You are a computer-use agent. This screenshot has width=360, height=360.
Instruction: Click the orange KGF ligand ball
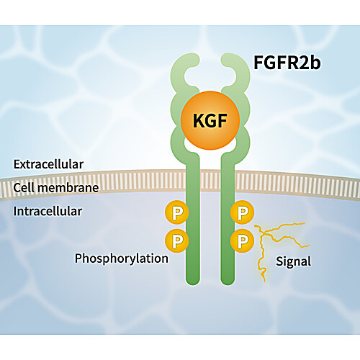[x=210, y=120]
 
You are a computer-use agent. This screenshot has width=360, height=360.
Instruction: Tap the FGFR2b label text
[x=287, y=63]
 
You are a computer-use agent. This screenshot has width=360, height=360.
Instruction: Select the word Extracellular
[x=48, y=164]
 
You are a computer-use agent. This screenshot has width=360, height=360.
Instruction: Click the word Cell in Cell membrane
[x=23, y=187]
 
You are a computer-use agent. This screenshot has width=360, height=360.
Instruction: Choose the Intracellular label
[x=48, y=211]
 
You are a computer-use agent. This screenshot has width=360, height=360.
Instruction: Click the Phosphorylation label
[x=122, y=259]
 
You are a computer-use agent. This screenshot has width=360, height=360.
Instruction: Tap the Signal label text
[x=293, y=261]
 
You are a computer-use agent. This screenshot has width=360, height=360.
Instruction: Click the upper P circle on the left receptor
[x=177, y=212]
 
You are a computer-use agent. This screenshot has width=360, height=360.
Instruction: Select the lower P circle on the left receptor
[x=177, y=240]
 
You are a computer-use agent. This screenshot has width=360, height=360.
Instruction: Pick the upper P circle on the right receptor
[x=242, y=212]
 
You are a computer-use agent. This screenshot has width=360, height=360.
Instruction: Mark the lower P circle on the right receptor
[x=242, y=240]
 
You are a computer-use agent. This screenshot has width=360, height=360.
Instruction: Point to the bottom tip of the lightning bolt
[x=264, y=282]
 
